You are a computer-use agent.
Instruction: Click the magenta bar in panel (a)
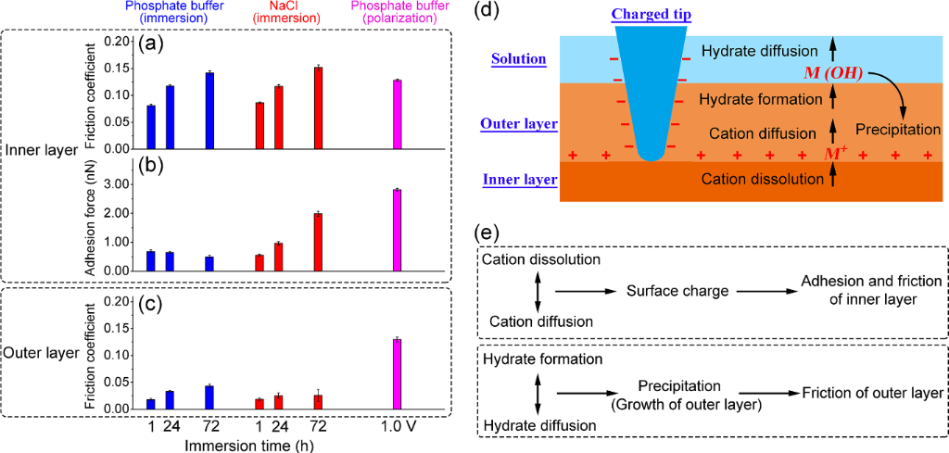tap(397, 114)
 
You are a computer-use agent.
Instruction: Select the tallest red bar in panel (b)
tap(318, 242)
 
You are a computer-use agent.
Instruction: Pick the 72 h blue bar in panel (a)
tap(209, 110)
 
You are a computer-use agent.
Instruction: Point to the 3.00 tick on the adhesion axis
tap(116, 185)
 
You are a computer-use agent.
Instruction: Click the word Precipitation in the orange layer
tap(897, 130)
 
